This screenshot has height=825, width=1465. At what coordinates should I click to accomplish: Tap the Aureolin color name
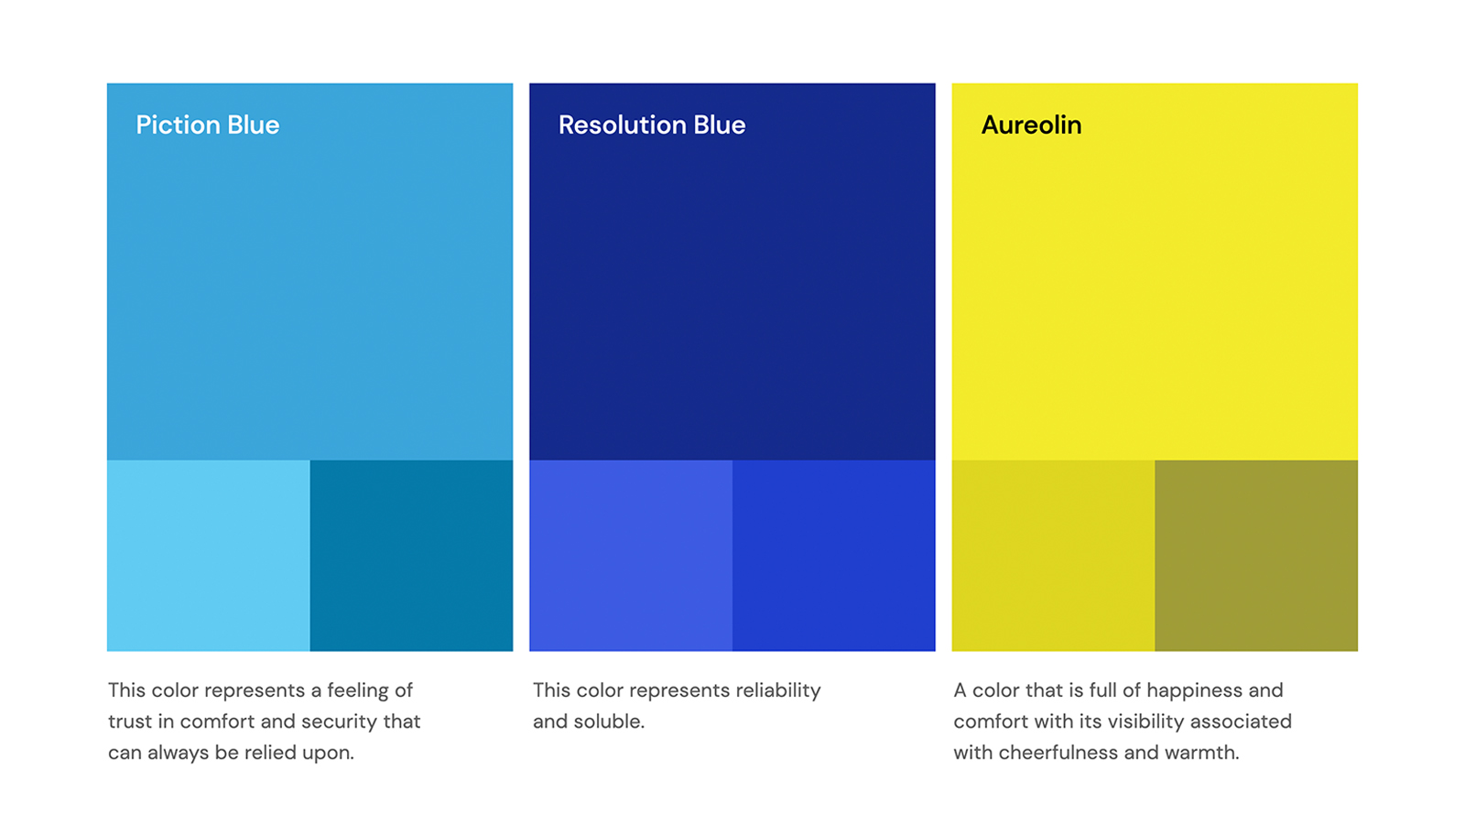coord(1031,125)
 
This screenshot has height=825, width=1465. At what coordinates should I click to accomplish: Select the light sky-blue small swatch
coord(209,556)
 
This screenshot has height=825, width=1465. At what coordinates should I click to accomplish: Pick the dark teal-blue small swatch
coord(411,556)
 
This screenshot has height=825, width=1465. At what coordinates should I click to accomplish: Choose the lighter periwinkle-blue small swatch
coord(631,556)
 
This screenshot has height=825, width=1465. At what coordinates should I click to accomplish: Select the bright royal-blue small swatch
coord(834,556)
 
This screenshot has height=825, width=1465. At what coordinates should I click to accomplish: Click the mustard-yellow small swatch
coord(1054,556)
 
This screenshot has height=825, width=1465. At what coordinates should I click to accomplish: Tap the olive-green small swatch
coord(1256,556)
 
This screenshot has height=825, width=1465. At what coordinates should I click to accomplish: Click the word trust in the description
coord(130,722)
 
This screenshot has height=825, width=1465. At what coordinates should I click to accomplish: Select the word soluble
coord(609,721)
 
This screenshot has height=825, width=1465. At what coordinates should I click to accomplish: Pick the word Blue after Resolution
coord(720,125)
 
